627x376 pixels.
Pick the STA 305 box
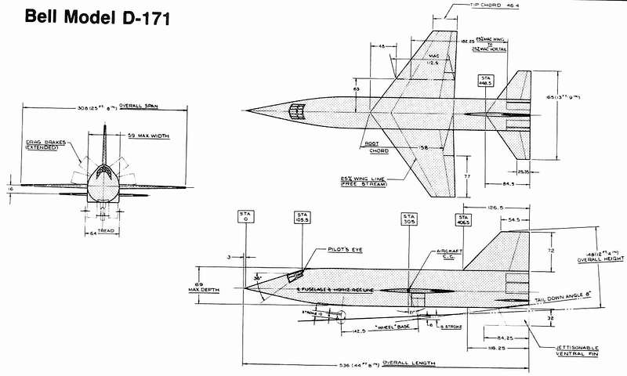(409, 218)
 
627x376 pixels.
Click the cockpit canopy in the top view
(295, 110)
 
